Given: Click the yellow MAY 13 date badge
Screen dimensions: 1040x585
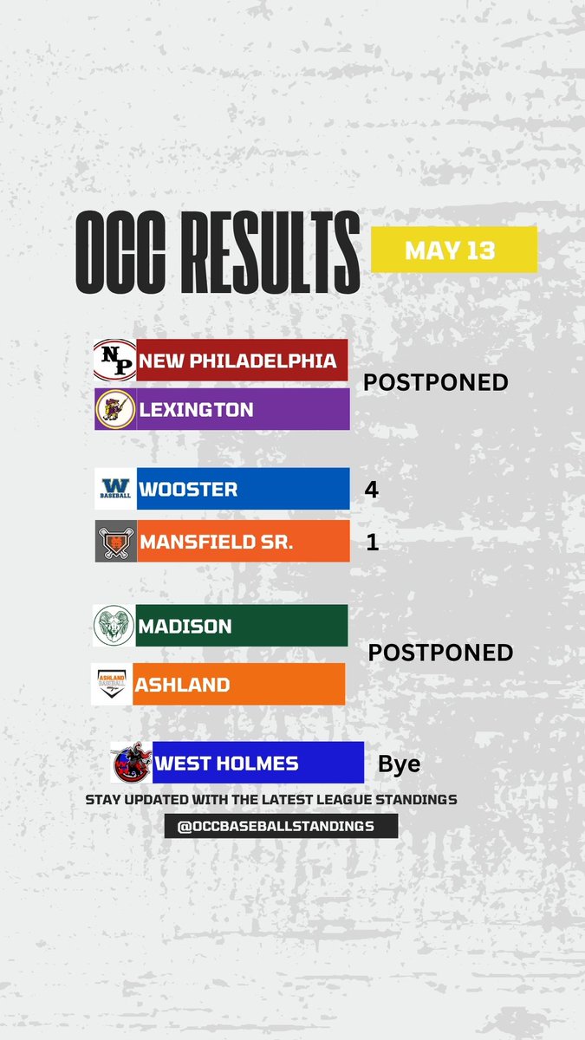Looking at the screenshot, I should [454, 250].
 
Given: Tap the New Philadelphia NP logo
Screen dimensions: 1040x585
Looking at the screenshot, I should [114, 361].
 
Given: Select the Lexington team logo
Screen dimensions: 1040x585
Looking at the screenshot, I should [114, 409].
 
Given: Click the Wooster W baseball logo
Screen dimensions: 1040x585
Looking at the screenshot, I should [114, 489].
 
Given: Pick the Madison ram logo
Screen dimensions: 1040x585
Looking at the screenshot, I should [114, 626].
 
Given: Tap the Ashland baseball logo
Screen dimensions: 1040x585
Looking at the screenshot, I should [113, 685].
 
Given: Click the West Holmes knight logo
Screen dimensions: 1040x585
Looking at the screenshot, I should [132, 764].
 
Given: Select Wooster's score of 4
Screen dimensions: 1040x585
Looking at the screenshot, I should [372, 490].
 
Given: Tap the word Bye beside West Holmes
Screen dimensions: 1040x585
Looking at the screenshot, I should [399, 764].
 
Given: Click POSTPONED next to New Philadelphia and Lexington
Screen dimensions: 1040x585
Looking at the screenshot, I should [434, 382].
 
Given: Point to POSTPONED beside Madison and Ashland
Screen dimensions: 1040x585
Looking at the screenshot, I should [440, 653].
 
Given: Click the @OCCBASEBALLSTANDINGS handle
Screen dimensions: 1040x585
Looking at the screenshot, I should [281, 826].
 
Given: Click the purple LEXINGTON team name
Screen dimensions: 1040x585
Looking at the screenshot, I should [197, 410].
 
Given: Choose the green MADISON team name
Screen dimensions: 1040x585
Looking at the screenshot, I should [185, 626].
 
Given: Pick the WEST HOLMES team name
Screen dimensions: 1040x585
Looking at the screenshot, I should [227, 764].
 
